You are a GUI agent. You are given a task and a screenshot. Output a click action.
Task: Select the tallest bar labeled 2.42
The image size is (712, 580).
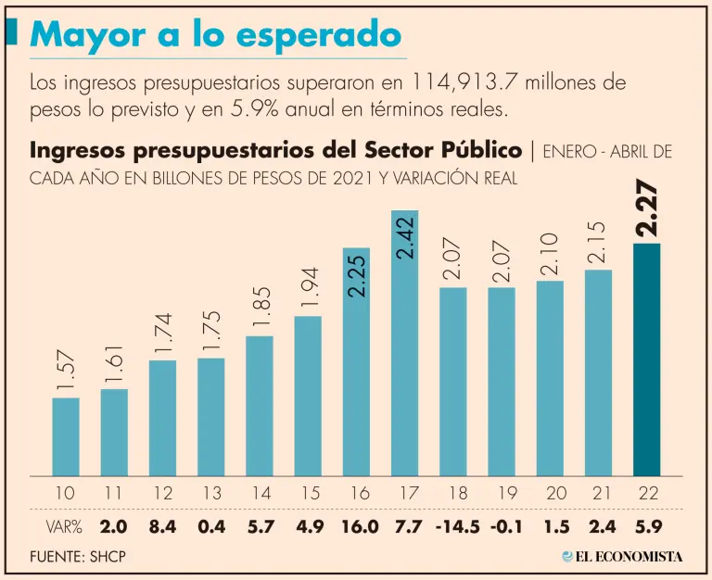[x=404, y=343]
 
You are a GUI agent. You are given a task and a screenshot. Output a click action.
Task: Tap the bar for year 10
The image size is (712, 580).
[x=65, y=436]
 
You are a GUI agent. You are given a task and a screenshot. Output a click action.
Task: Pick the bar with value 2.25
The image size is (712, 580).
[x=356, y=361]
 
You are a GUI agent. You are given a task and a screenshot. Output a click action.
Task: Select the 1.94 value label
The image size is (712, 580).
[x=308, y=286]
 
